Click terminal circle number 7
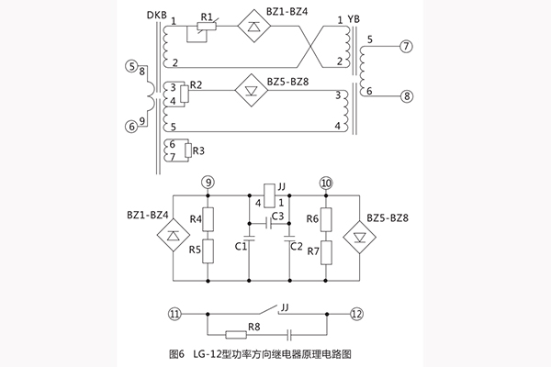[405, 46]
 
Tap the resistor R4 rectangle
[209, 218]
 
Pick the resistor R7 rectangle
[325, 250]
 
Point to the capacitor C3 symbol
[267, 221]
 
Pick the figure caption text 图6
[177, 353]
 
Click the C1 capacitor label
[240, 246]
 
